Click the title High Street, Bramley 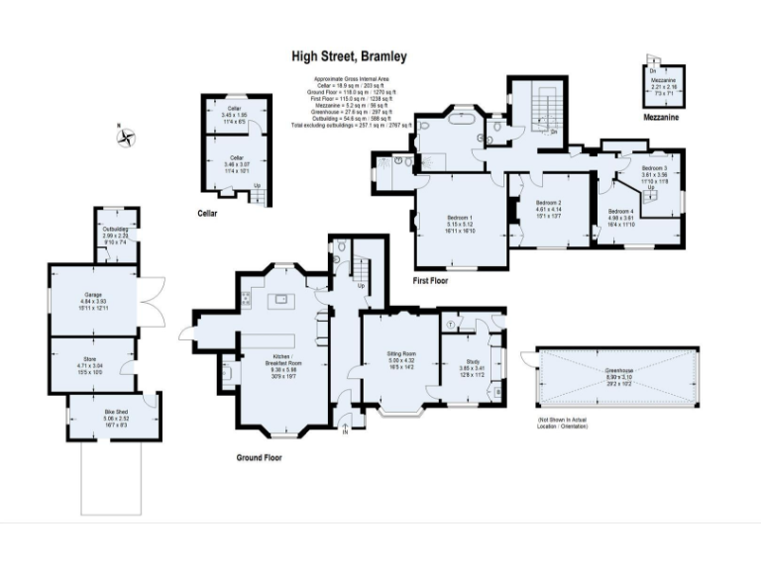[349, 58]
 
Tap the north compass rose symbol [126, 138]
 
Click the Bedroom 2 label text [548, 203]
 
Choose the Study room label [473, 362]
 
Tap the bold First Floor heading [433, 282]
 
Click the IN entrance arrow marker [345, 428]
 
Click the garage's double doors [149, 300]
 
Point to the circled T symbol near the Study [452, 324]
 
